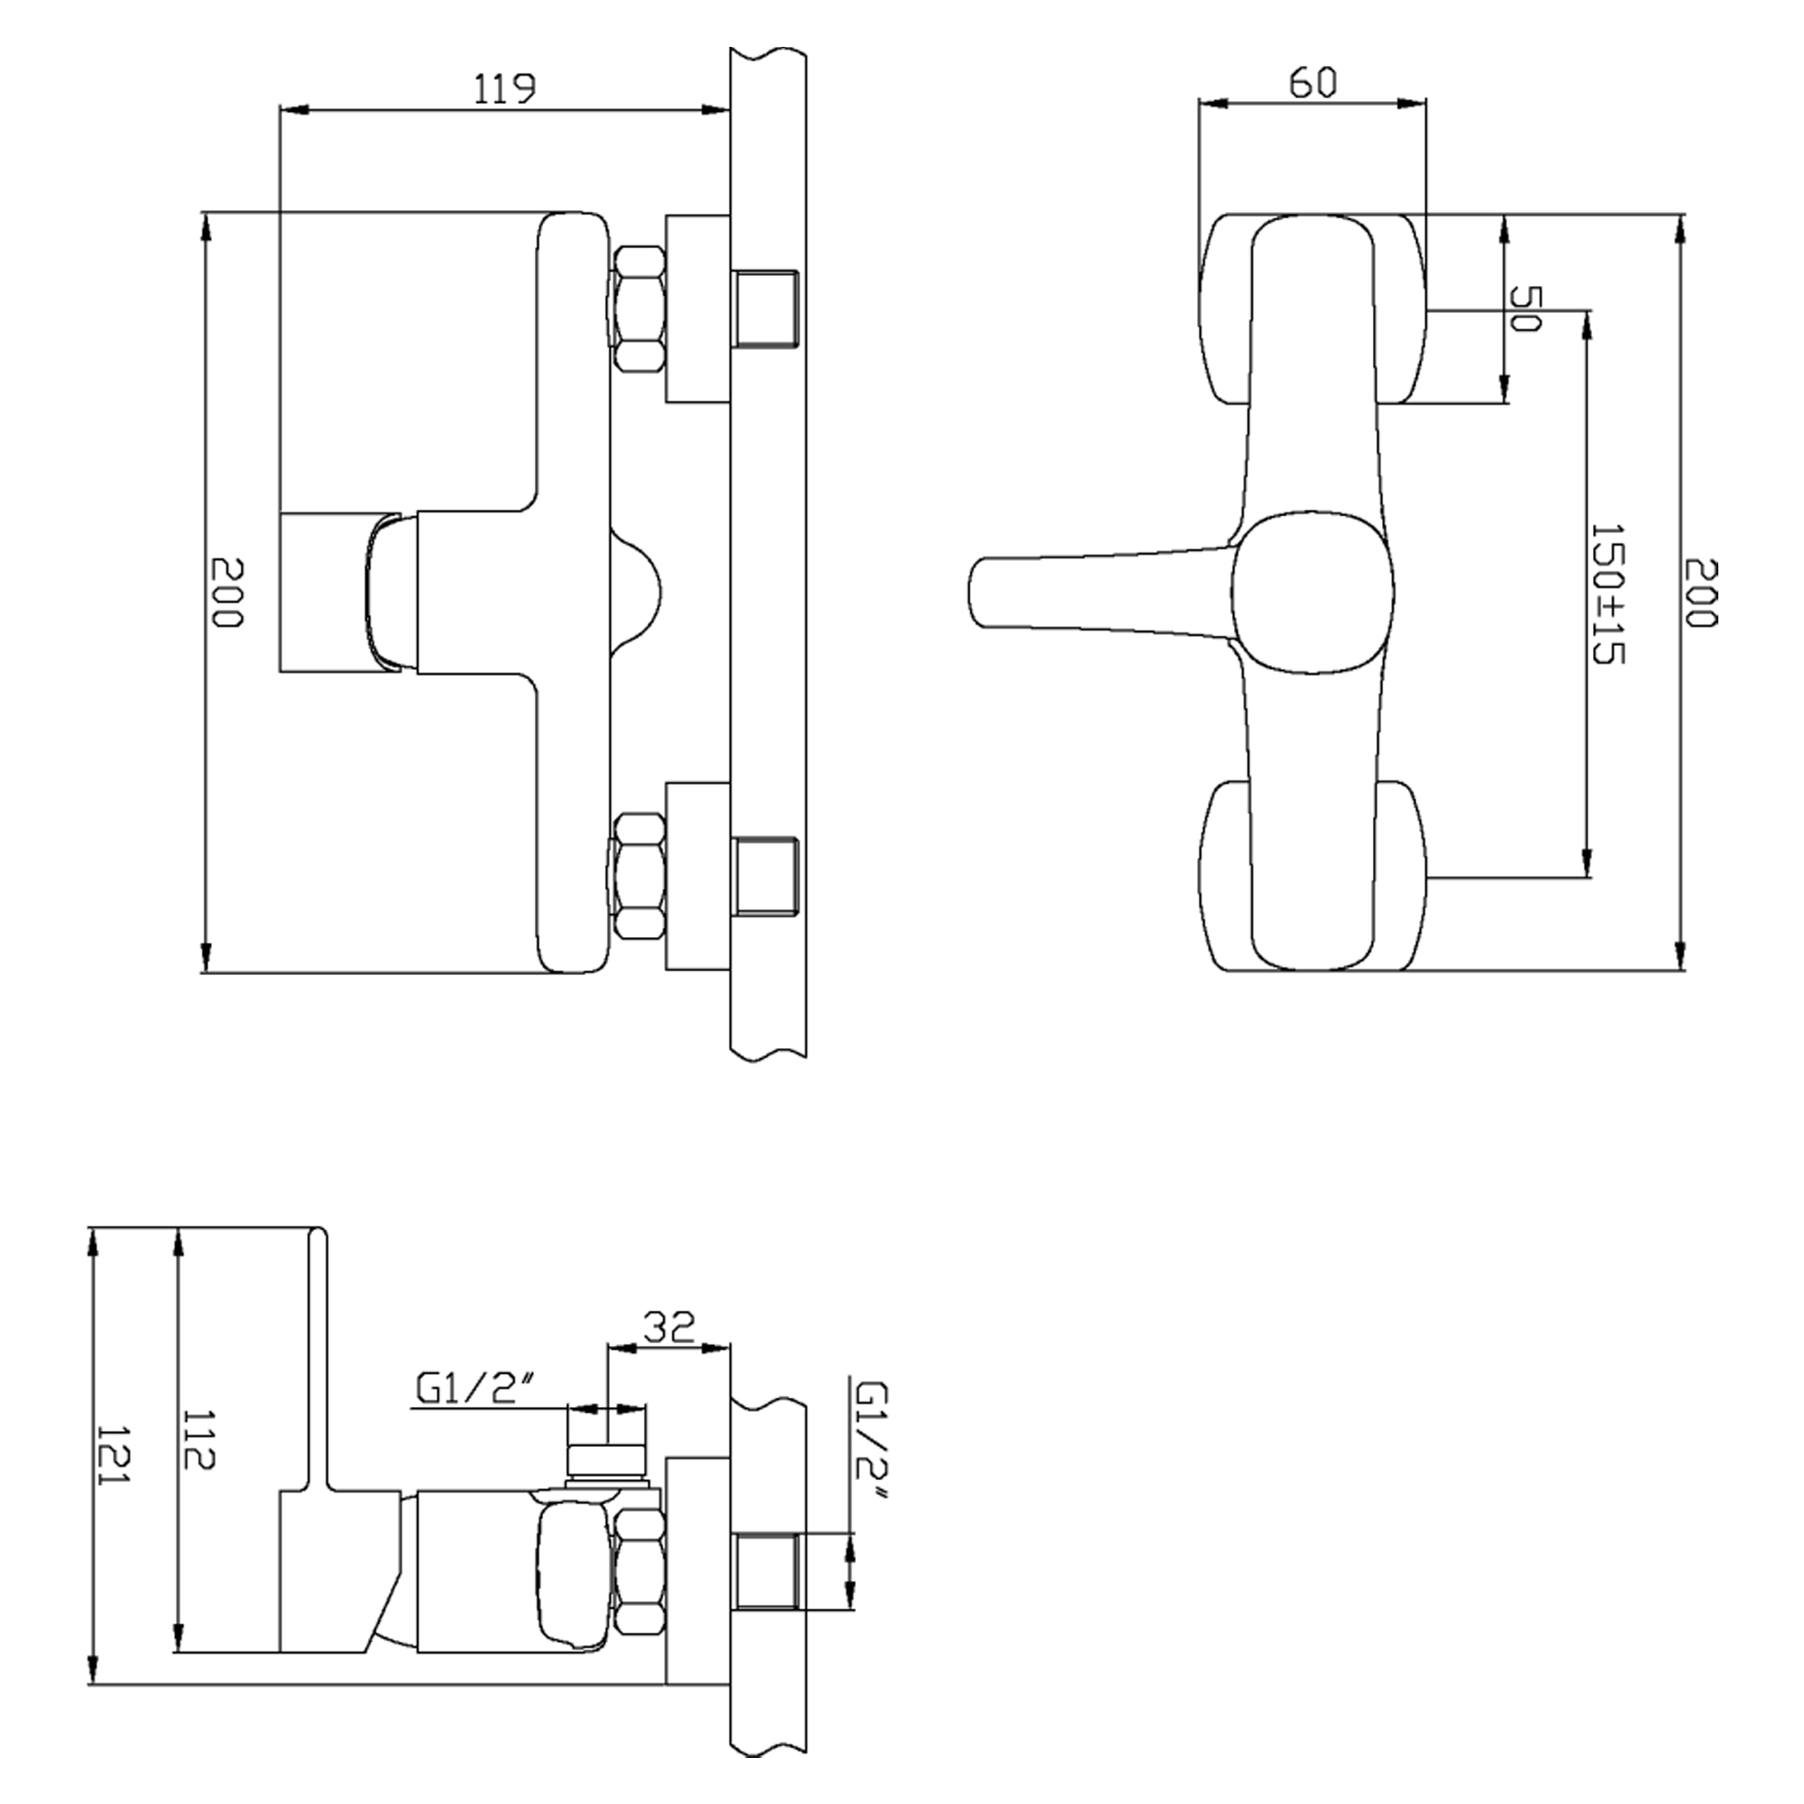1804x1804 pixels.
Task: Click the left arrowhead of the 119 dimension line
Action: [293, 110]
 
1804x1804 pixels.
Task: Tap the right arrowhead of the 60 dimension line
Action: [1413, 104]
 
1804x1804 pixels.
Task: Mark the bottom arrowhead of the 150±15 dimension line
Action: [1587, 863]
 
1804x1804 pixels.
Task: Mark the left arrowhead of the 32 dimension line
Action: [621, 1348]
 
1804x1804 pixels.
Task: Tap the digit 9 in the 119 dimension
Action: [523, 88]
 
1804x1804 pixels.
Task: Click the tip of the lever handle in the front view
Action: [971, 592]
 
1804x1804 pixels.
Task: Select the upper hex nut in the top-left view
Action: [640, 308]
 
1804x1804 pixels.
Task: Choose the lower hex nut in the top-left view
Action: [640, 875]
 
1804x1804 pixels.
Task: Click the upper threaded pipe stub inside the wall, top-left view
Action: [766, 308]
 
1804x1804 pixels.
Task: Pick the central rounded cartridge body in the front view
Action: [1312, 592]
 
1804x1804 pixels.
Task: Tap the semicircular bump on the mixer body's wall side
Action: [636, 590]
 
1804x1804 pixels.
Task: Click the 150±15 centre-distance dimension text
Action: [1606, 594]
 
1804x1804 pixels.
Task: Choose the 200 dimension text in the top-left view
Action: [226, 593]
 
